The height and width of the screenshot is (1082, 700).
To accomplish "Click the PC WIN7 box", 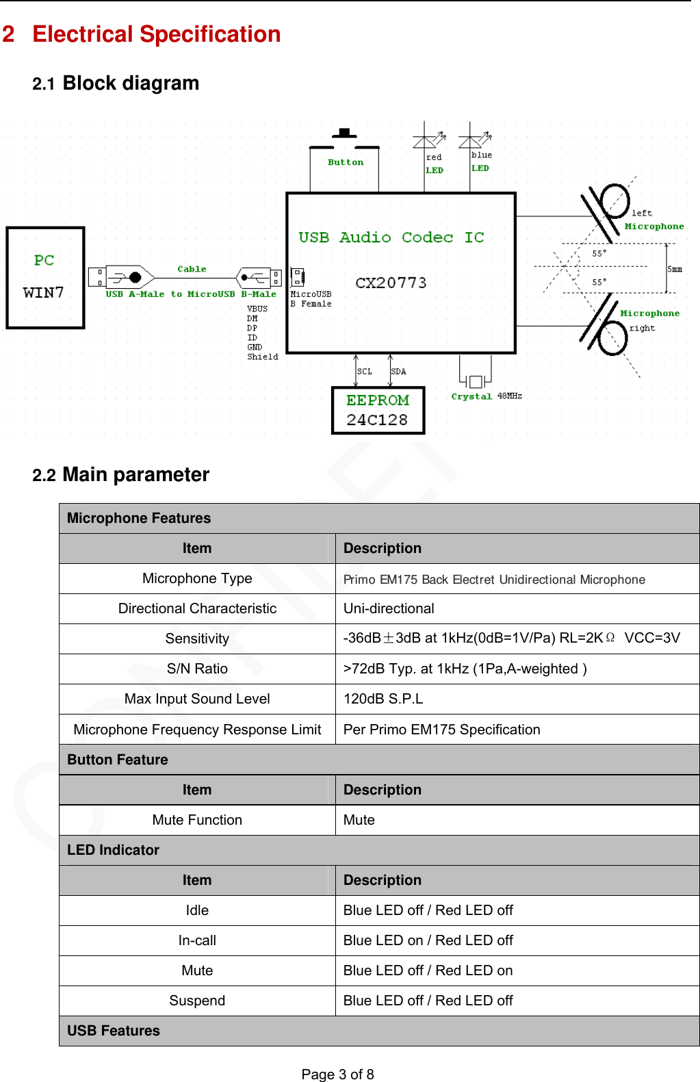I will pyautogui.click(x=45, y=277).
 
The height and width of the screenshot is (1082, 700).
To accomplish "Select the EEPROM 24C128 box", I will pyautogui.click(x=378, y=410).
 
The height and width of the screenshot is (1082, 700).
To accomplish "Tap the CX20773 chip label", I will pyautogui.click(x=391, y=283).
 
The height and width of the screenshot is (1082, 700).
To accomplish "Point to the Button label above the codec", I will pyautogui.click(x=346, y=162).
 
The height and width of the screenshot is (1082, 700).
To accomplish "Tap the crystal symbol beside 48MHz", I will pyautogui.click(x=476, y=381).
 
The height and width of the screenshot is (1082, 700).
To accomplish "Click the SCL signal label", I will pyautogui.click(x=365, y=372).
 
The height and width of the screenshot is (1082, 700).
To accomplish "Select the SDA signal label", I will pyautogui.click(x=398, y=372).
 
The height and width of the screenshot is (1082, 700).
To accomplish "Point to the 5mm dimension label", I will pyautogui.click(x=675, y=269).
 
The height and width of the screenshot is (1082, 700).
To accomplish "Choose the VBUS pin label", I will pyautogui.click(x=257, y=309).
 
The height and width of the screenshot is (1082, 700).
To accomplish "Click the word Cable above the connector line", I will pyautogui.click(x=192, y=269).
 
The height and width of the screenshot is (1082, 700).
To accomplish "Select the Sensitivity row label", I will pyautogui.click(x=197, y=639).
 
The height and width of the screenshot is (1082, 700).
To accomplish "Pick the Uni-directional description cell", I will pyautogui.click(x=389, y=608).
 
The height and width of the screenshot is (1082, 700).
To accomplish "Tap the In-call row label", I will pyautogui.click(x=197, y=940).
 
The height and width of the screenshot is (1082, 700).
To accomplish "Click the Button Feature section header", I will pyautogui.click(x=118, y=760).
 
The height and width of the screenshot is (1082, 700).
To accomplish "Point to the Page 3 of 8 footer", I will pyautogui.click(x=337, y=1074).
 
